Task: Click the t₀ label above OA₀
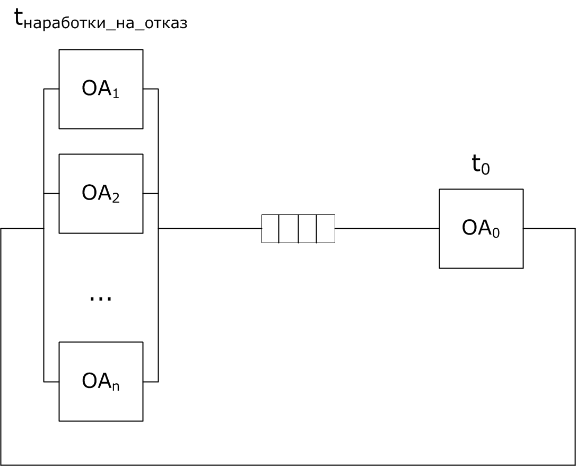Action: point(481,165)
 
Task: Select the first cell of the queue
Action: point(270,229)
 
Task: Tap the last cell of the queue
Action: point(326,229)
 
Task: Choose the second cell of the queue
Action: point(289,229)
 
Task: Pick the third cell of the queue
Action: point(307,229)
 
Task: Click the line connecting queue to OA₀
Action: point(387,229)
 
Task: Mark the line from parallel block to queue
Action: point(210,229)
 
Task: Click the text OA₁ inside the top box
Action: point(101,89)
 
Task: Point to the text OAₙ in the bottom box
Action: point(101,382)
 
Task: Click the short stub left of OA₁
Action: point(51,89)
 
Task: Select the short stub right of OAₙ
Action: point(151,382)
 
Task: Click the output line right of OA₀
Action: point(549,229)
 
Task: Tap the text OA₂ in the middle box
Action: point(101,194)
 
